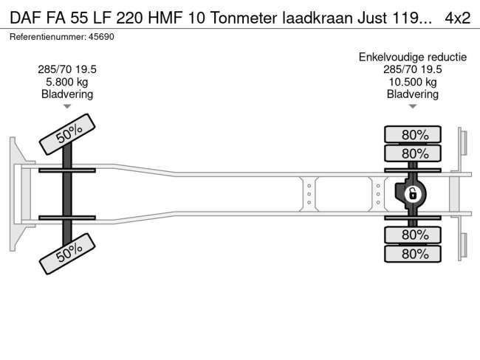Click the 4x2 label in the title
coord(458,17)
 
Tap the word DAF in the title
coord(25,17)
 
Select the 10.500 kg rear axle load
coord(413,82)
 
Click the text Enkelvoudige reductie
coord(413,57)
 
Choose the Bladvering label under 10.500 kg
coord(413,94)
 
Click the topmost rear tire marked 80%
coord(413,135)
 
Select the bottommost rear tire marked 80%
coord(413,254)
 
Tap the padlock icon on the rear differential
coord(413,194)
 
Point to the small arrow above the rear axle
coord(413,107)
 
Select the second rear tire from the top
coord(413,153)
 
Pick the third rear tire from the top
coord(413,235)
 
